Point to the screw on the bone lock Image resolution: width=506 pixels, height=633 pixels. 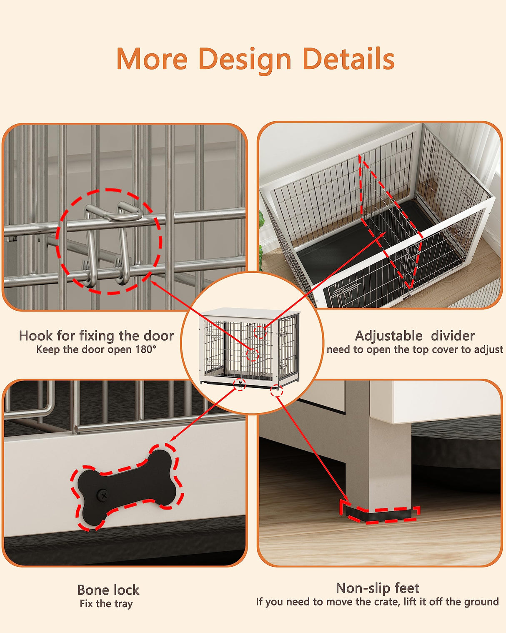point(103,495)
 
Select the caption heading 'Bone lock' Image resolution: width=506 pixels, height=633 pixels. point(108,590)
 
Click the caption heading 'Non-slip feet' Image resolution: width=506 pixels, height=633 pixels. point(377,588)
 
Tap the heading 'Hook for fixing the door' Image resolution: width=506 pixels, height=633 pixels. point(96,336)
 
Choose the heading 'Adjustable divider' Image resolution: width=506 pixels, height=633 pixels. point(415,336)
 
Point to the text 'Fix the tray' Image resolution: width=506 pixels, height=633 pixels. point(106,603)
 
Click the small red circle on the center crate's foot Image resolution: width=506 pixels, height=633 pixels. point(276,391)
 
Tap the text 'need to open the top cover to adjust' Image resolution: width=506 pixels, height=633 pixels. point(415,349)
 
